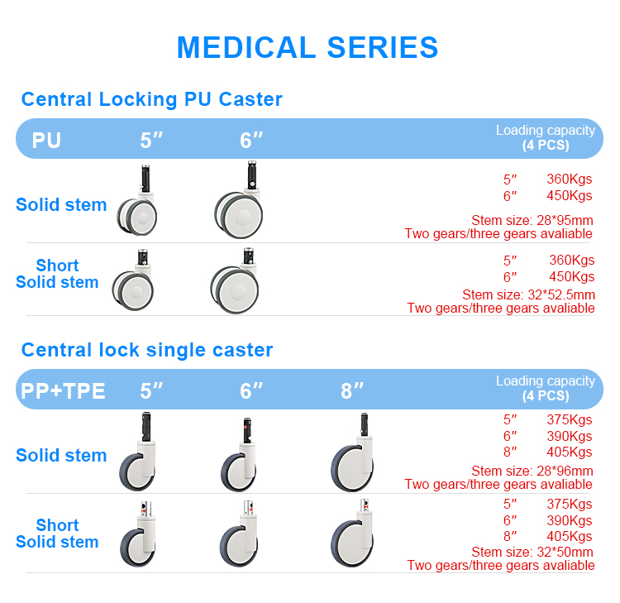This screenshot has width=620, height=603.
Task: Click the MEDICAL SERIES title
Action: tap(308, 47)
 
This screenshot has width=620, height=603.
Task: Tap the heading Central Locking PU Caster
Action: tap(151, 100)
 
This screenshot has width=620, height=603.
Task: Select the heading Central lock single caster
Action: tap(146, 350)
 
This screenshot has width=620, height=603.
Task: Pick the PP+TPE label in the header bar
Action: tap(63, 390)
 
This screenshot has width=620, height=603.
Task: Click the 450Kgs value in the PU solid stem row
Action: tap(569, 196)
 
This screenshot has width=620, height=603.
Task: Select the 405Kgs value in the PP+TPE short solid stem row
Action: tap(569, 537)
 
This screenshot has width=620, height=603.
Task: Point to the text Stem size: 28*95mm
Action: tap(532, 220)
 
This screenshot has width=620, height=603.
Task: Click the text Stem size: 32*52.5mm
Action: tap(528, 294)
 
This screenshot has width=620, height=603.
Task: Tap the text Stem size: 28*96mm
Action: tap(532, 471)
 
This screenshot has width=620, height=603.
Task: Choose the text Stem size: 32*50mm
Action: tap(532, 553)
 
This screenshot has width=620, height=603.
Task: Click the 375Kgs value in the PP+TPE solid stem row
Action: tap(569, 419)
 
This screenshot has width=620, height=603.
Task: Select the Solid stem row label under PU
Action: tap(61, 205)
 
